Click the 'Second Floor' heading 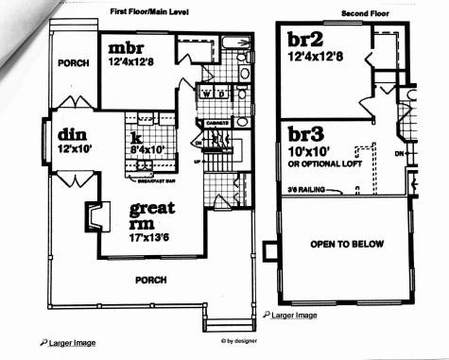[x=364, y=14]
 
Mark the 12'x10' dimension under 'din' [x=74, y=149]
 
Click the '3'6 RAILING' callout [x=312, y=190]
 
